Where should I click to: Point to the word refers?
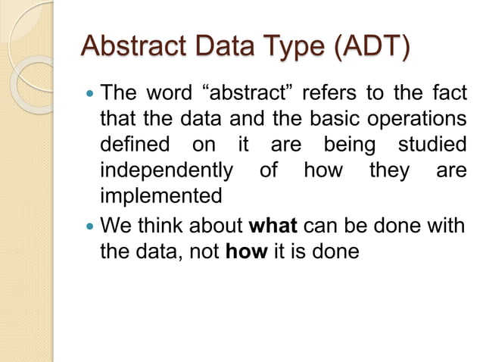click(326, 95)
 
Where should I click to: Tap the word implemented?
click(161, 196)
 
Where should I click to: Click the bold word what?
click(273, 226)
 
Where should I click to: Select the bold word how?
click(247, 251)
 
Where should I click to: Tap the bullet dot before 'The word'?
click(90, 95)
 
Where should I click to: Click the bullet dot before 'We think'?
click(90, 226)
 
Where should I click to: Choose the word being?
click(349, 145)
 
